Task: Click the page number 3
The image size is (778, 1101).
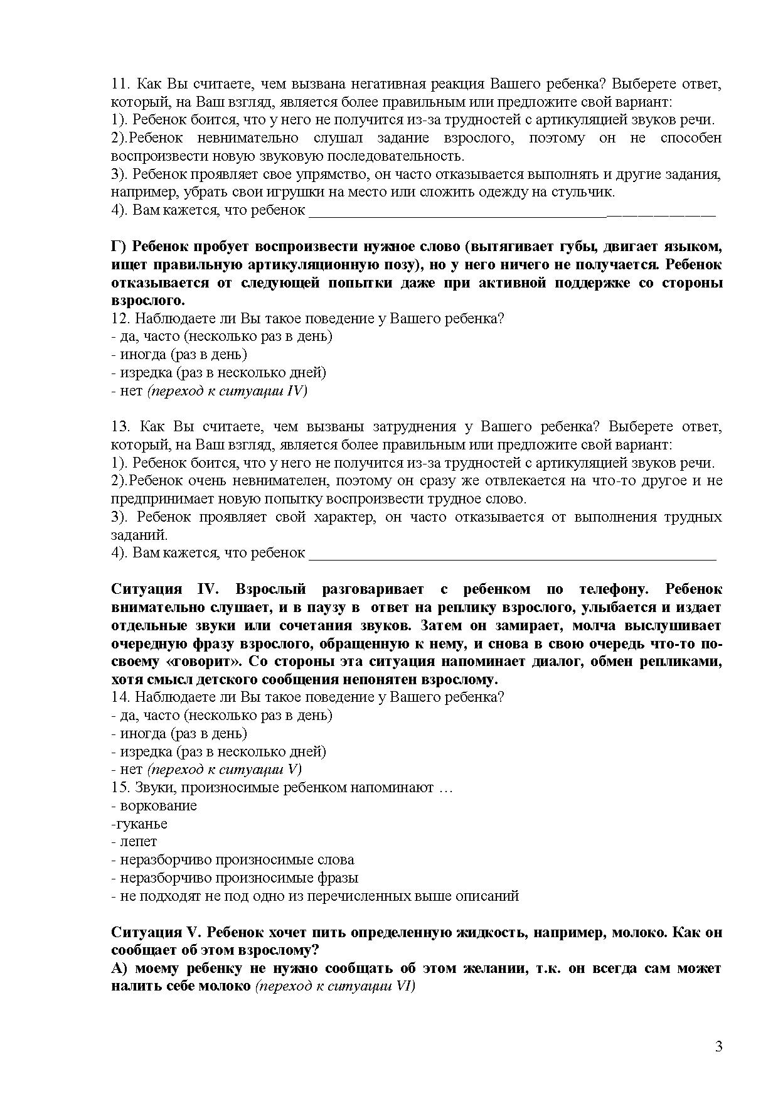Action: pos(718,1046)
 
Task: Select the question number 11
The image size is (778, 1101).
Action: pos(119,84)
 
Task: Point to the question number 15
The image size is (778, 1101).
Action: pos(119,787)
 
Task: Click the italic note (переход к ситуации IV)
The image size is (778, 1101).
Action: pos(227,391)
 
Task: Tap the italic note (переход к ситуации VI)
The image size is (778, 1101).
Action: pos(336,986)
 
